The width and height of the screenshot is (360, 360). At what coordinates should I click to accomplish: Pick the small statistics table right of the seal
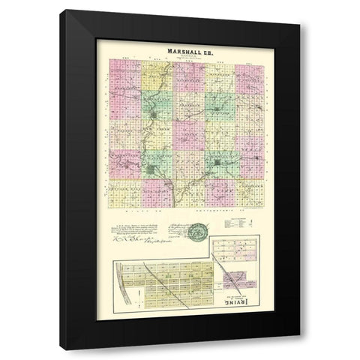coord(238,223)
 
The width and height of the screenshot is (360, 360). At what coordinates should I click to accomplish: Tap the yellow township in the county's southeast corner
coord(251,187)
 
